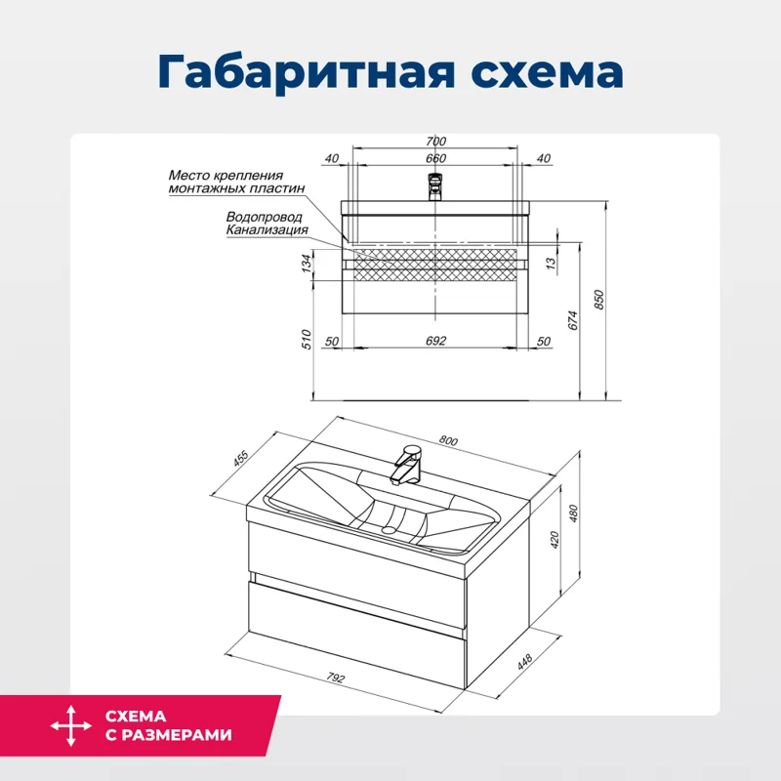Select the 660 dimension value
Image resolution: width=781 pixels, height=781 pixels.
click(435, 158)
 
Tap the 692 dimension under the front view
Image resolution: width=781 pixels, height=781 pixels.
click(435, 341)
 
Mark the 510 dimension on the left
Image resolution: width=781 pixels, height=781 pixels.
click(306, 339)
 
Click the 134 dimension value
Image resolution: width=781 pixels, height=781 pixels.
click(306, 262)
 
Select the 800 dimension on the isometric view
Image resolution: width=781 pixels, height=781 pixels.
click(448, 440)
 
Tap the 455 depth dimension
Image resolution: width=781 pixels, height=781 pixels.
click(241, 459)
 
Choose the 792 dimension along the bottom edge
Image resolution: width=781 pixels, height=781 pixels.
click(338, 677)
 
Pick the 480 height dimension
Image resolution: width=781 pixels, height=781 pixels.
click(574, 513)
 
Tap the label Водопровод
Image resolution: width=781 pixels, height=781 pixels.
click(264, 217)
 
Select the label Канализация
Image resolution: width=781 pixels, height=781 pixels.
click(267, 230)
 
